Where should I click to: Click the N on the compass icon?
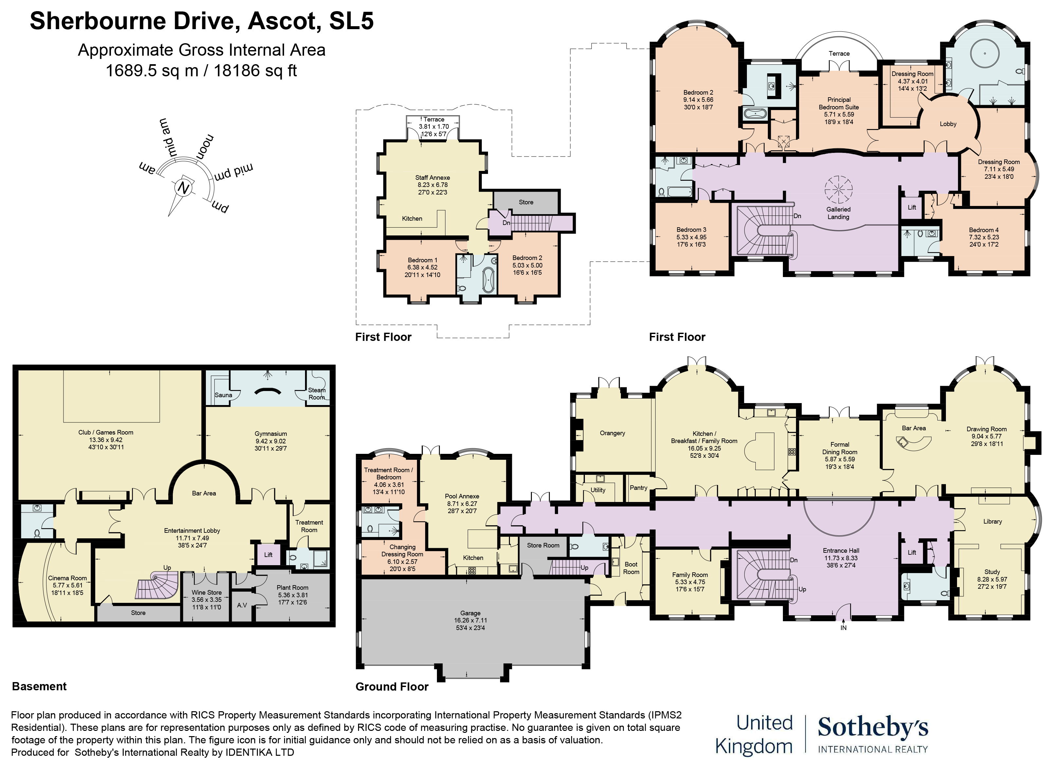click(184, 188)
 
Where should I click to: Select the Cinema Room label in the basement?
click(67, 578)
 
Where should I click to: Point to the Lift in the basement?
click(268, 555)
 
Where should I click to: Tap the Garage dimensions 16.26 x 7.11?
click(470, 621)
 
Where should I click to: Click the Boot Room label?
click(631, 568)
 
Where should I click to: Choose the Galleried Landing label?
click(839, 213)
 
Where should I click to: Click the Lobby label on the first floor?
click(948, 124)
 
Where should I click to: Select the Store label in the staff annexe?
click(526, 202)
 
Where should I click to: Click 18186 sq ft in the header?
click(255, 71)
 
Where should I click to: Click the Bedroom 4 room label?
click(984, 230)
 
